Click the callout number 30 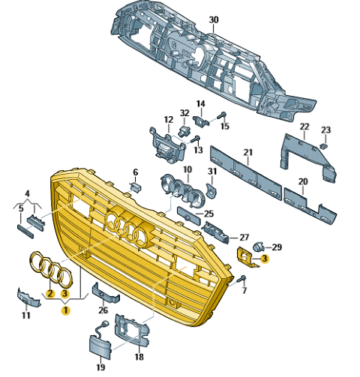click(213, 20)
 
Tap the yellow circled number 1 click(66, 310)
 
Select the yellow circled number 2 click(50, 293)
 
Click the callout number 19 click(100, 367)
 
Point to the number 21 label click(248, 152)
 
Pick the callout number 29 click(277, 247)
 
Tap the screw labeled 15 click(221, 115)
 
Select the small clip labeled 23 click(324, 146)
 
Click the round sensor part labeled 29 click(259, 247)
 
